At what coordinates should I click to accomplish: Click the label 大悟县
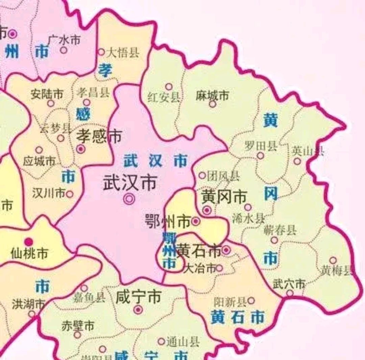(123, 52)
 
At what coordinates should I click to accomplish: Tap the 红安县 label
(164, 97)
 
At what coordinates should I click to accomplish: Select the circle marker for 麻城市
(212, 104)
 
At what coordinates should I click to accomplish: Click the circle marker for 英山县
(297, 161)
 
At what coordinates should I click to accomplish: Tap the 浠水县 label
(248, 218)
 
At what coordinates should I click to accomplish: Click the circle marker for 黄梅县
(333, 260)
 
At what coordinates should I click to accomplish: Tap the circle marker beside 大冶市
(219, 268)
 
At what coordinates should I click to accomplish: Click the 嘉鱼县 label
(89, 297)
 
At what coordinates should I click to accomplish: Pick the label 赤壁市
(78, 326)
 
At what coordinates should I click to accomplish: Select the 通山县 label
(183, 342)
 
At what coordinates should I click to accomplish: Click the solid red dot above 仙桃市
(29, 242)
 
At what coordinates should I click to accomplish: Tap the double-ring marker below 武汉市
(129, 199)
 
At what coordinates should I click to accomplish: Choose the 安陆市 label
(47, 94)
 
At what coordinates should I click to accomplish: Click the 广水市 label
(65, 40)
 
